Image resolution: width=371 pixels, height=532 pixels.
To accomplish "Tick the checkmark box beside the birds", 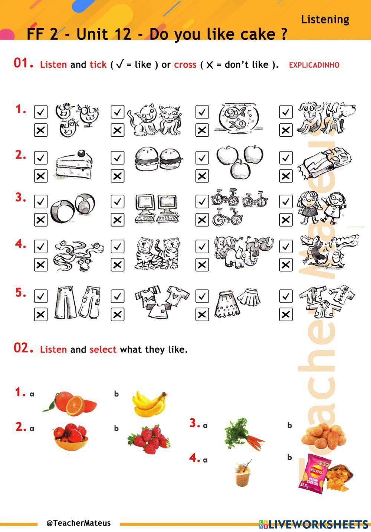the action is tap(41, 112).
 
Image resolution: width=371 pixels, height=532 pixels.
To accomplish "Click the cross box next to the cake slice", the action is tap(41, 176).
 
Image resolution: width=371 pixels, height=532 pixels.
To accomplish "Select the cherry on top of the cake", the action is tap(82, 153).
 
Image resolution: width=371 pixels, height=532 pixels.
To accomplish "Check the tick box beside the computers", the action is tap(117, 201).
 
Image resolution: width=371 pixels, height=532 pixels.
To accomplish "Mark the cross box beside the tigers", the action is tap(117, 265).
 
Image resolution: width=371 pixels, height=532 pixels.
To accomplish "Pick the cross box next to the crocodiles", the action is tap(286, 265).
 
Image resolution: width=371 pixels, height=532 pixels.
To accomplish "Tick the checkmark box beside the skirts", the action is tap(202, 296).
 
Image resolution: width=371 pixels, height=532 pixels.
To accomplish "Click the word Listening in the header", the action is tap(325, 19).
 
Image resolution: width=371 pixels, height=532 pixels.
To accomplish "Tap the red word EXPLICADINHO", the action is tap(314, 65).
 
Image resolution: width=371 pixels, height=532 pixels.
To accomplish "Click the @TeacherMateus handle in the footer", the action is tap(79, 523).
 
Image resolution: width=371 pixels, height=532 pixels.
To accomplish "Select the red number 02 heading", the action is tap(23, 348).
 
